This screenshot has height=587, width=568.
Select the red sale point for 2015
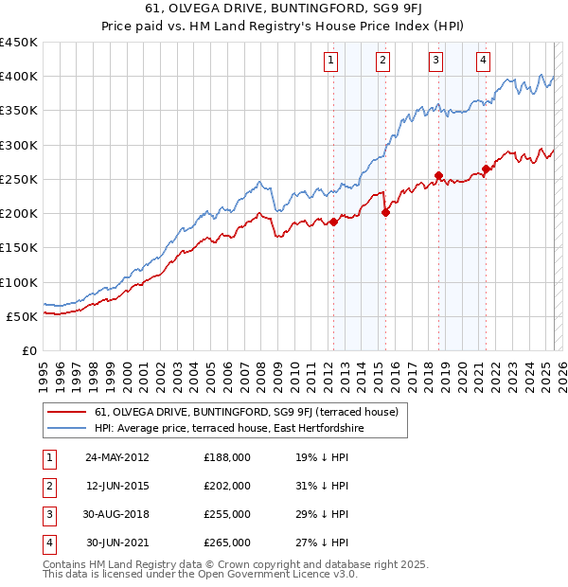385,212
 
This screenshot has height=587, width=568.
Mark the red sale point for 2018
439,175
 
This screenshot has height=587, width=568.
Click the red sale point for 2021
486,169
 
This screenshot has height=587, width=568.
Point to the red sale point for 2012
333,222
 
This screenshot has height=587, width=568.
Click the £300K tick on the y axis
19,145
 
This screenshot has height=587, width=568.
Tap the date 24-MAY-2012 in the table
117,456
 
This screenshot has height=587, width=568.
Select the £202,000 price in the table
227,485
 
